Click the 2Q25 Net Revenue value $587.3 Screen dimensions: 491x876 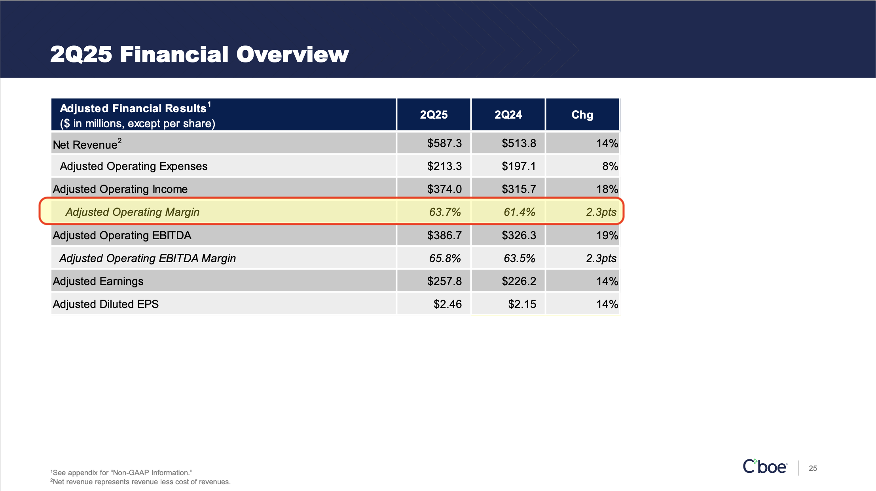click(x=444, y=143)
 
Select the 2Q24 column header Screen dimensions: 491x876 click(x=508, y=115)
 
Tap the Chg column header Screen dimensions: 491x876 click(x=582, y=115)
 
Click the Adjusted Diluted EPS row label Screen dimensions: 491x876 click(x=106, y=304)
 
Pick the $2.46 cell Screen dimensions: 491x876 click(x=447, y=304)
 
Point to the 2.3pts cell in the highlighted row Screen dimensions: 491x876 click(x=601, y=212)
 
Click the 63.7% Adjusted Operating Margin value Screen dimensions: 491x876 click(x=445, y=212)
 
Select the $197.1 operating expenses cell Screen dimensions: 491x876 click(x=519, y=166)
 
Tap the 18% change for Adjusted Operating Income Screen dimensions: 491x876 click(x=607, y=189)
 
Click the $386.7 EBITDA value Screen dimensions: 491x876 click(x=444, y=235)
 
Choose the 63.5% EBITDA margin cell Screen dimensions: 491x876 click(x=519, y=258)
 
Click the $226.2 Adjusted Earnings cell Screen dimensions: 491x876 click(x=519, y=281)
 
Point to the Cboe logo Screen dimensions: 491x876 click(x=764, y=467)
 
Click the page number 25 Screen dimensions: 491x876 click(x=813, y=468)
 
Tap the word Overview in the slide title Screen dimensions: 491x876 click(x=292, y=54)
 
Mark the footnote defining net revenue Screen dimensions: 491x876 click(x=140, y=482)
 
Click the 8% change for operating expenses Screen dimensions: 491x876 click(x=610, y=166)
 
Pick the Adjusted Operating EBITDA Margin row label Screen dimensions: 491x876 click(x=148, y=258)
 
